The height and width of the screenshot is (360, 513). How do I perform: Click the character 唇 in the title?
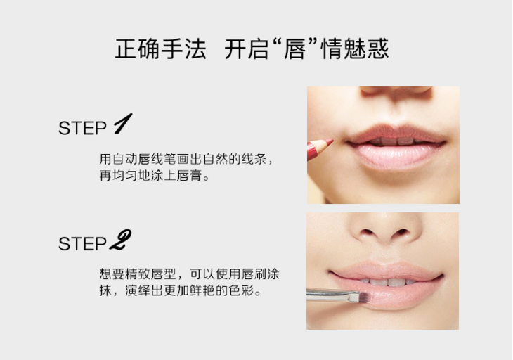pos(295,49)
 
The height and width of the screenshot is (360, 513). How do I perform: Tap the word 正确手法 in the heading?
pos(160,49)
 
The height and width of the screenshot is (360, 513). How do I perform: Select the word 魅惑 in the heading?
pos(366,49)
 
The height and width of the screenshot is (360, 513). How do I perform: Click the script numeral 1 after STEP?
pos(123,123)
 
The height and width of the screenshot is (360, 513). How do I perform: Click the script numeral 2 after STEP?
pos(120,240)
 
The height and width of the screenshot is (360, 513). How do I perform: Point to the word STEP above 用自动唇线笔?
pos(82,128)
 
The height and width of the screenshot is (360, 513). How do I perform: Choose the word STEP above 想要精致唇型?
pos(82,244)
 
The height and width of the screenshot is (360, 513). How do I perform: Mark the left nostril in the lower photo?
pos(368,232)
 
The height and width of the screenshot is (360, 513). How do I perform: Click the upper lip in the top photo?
pos(396,134)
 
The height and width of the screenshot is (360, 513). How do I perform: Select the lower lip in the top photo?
pos(398,155)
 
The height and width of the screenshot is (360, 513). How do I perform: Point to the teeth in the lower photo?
pos(389,281)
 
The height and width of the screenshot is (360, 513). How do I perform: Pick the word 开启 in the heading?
pos(247,49)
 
